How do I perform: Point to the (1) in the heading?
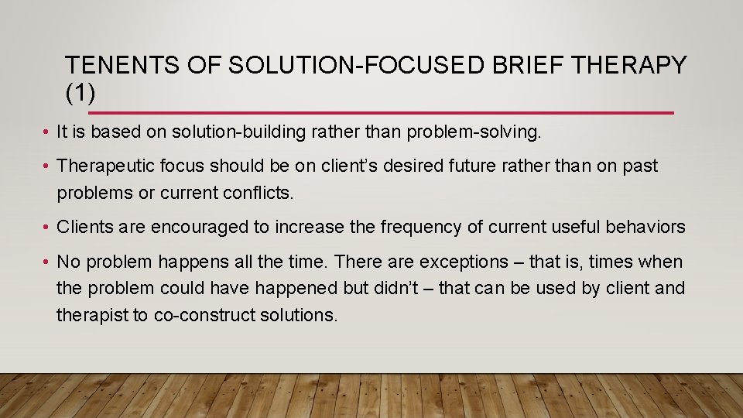[x=80, y=93]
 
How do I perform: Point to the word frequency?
[x=424, y=227]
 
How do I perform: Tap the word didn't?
[x=390, y=289]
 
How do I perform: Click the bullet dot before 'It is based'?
[x=48, y=133]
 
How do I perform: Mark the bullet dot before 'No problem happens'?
[x=48, y=263]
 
